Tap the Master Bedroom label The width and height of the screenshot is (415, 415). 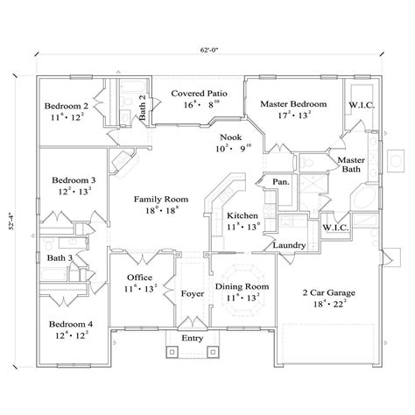(x=293, y=104)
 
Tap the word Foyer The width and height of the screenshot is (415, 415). (x=191, y=294)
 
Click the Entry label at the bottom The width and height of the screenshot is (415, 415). (x=190, y=337)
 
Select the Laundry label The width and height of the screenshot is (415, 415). (x=288, y=245)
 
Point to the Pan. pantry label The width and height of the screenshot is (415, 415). (x=281, y=183)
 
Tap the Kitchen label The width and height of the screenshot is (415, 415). (x=243, y=215)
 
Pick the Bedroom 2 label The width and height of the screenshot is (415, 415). (x=66, y=105)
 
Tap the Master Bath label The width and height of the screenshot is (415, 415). (x=352, y=165)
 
